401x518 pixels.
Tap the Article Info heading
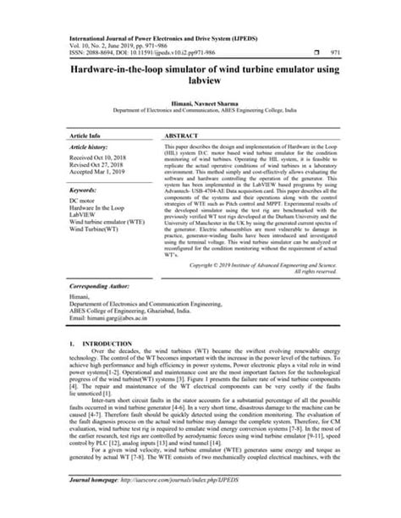[x=85, y=135]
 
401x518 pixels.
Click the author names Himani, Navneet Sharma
[x=200, y=101]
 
